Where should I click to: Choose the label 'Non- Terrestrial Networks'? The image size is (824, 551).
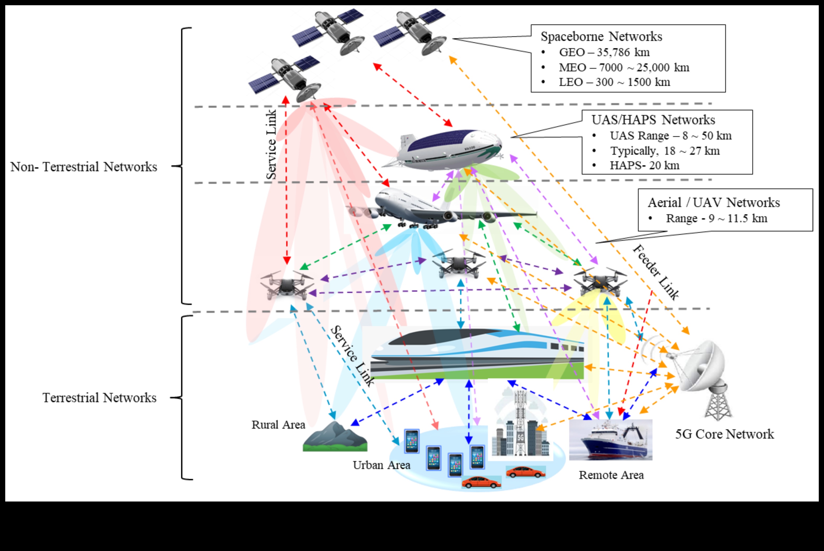coord(83,167)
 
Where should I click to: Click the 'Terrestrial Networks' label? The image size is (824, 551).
coord(99,398)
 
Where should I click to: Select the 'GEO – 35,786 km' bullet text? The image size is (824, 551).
coord(604,52)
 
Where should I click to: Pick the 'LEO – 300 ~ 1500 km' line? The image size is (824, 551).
coord(614,82)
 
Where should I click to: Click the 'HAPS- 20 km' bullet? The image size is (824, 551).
coord(644,166)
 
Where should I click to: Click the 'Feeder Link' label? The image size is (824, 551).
coord(656,272)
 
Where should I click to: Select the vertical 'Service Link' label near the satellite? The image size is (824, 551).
coord(271,144)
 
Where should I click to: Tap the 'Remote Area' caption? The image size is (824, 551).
coord(611,475)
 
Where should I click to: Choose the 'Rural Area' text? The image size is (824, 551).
coord(278,425)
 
